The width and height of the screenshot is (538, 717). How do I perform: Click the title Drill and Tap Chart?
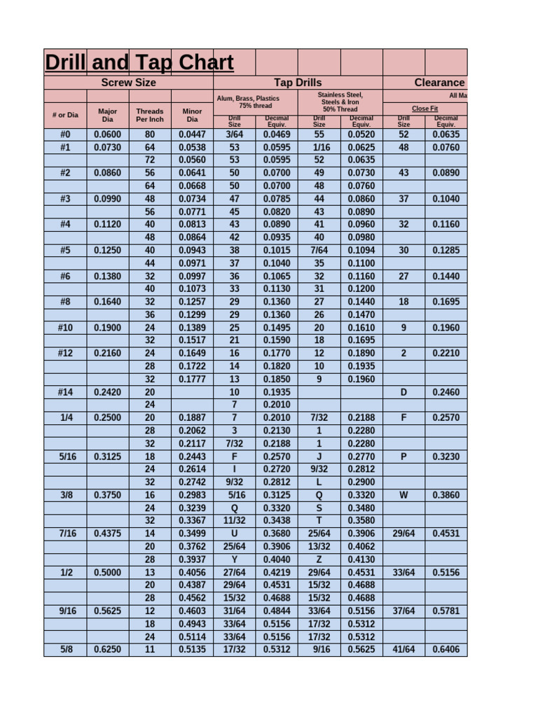(139, 63)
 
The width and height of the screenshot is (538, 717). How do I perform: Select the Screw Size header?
(129, 83)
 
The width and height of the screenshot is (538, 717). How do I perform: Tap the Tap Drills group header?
(298, 83)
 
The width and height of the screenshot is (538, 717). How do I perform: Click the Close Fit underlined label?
(425, 109)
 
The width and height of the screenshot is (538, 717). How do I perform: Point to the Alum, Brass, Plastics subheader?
(255, 102)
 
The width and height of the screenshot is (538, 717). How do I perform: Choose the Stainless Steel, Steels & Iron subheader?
(340, 102)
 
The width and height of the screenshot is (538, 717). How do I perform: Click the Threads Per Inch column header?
(150, 115)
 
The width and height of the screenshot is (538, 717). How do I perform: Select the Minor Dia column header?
(192, 115)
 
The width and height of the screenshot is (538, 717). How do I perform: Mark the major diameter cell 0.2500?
(107, 418)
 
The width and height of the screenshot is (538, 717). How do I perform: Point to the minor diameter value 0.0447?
(192, 134)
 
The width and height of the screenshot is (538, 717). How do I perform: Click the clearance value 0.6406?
(446, 650)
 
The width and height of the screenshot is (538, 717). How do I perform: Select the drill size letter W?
(403, 495)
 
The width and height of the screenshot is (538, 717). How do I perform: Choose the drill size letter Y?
(235, 559)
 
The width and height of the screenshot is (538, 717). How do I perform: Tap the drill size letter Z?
(319, 559)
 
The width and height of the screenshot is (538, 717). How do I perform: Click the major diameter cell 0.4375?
(107, 534)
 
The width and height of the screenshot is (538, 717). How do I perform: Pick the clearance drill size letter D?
(403, 392)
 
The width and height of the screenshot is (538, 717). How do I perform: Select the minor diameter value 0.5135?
(192, 650)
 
